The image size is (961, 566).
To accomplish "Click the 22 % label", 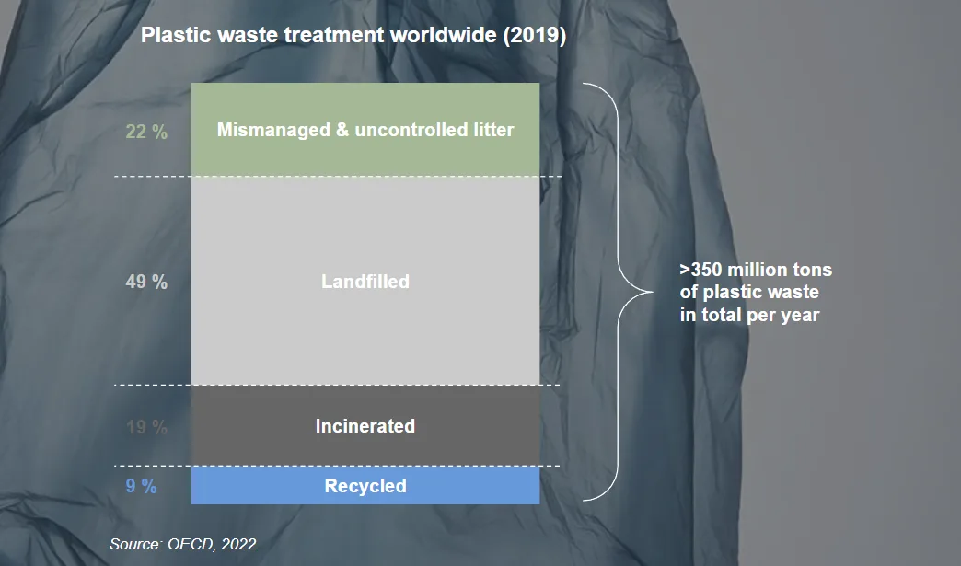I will pos(146,133).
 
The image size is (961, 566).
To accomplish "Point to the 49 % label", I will pos(146,283).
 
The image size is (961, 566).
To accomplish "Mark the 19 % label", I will pos(146,428).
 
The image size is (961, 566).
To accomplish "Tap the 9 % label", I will pos(141,487).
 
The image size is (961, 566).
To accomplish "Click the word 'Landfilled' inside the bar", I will pos(365,282).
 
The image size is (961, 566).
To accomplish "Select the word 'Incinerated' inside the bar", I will pos(365,426).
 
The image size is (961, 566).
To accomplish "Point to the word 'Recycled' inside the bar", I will pos(365,486).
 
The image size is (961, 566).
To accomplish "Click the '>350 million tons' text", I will pos(756,271).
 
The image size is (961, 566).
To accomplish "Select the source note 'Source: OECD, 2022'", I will pos(183,544).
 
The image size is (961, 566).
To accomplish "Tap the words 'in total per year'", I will pos(749,315).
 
